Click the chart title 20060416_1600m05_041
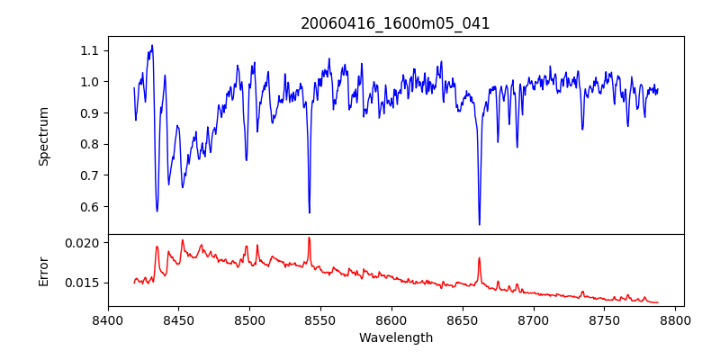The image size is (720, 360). tap(395, 23)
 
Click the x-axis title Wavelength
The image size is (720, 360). tap(395, 338)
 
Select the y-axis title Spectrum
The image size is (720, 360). tap(43, 136)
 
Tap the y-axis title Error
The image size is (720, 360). tap(43, 270)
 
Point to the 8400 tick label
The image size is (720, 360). tap(108, 319)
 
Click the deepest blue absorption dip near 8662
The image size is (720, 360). tap(479, 224)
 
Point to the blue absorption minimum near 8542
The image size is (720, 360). tap(310, 212)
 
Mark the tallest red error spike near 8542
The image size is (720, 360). tap(309, 238)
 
